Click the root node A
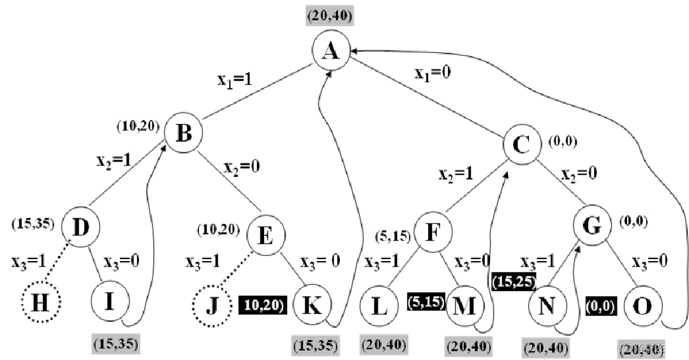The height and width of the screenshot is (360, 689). click(x=331, y=50)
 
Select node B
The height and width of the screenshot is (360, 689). click(x=183, y=133)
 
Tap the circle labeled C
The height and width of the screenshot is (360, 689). click(x=522, y=144)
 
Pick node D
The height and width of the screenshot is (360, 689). click(x=80, y=227)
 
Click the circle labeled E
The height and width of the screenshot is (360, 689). click(x=265, y=235)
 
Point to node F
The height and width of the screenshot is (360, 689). click(x=433, y=232)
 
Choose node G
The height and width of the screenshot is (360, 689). click(x=592, y=225)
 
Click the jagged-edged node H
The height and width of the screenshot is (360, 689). click(x=41, y=301)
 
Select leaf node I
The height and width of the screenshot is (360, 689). click(x=110, y=301)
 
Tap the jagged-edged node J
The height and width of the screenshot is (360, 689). click(x=212, y=306)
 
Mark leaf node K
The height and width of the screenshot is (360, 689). click(x=312, y=304)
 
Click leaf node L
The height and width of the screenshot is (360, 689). click(x=379, y=306)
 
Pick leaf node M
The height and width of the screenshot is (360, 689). click(x=464, y=306)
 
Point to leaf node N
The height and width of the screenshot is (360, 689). click(x=547, y=306)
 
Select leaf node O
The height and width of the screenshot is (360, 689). click(x=642, y=306)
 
